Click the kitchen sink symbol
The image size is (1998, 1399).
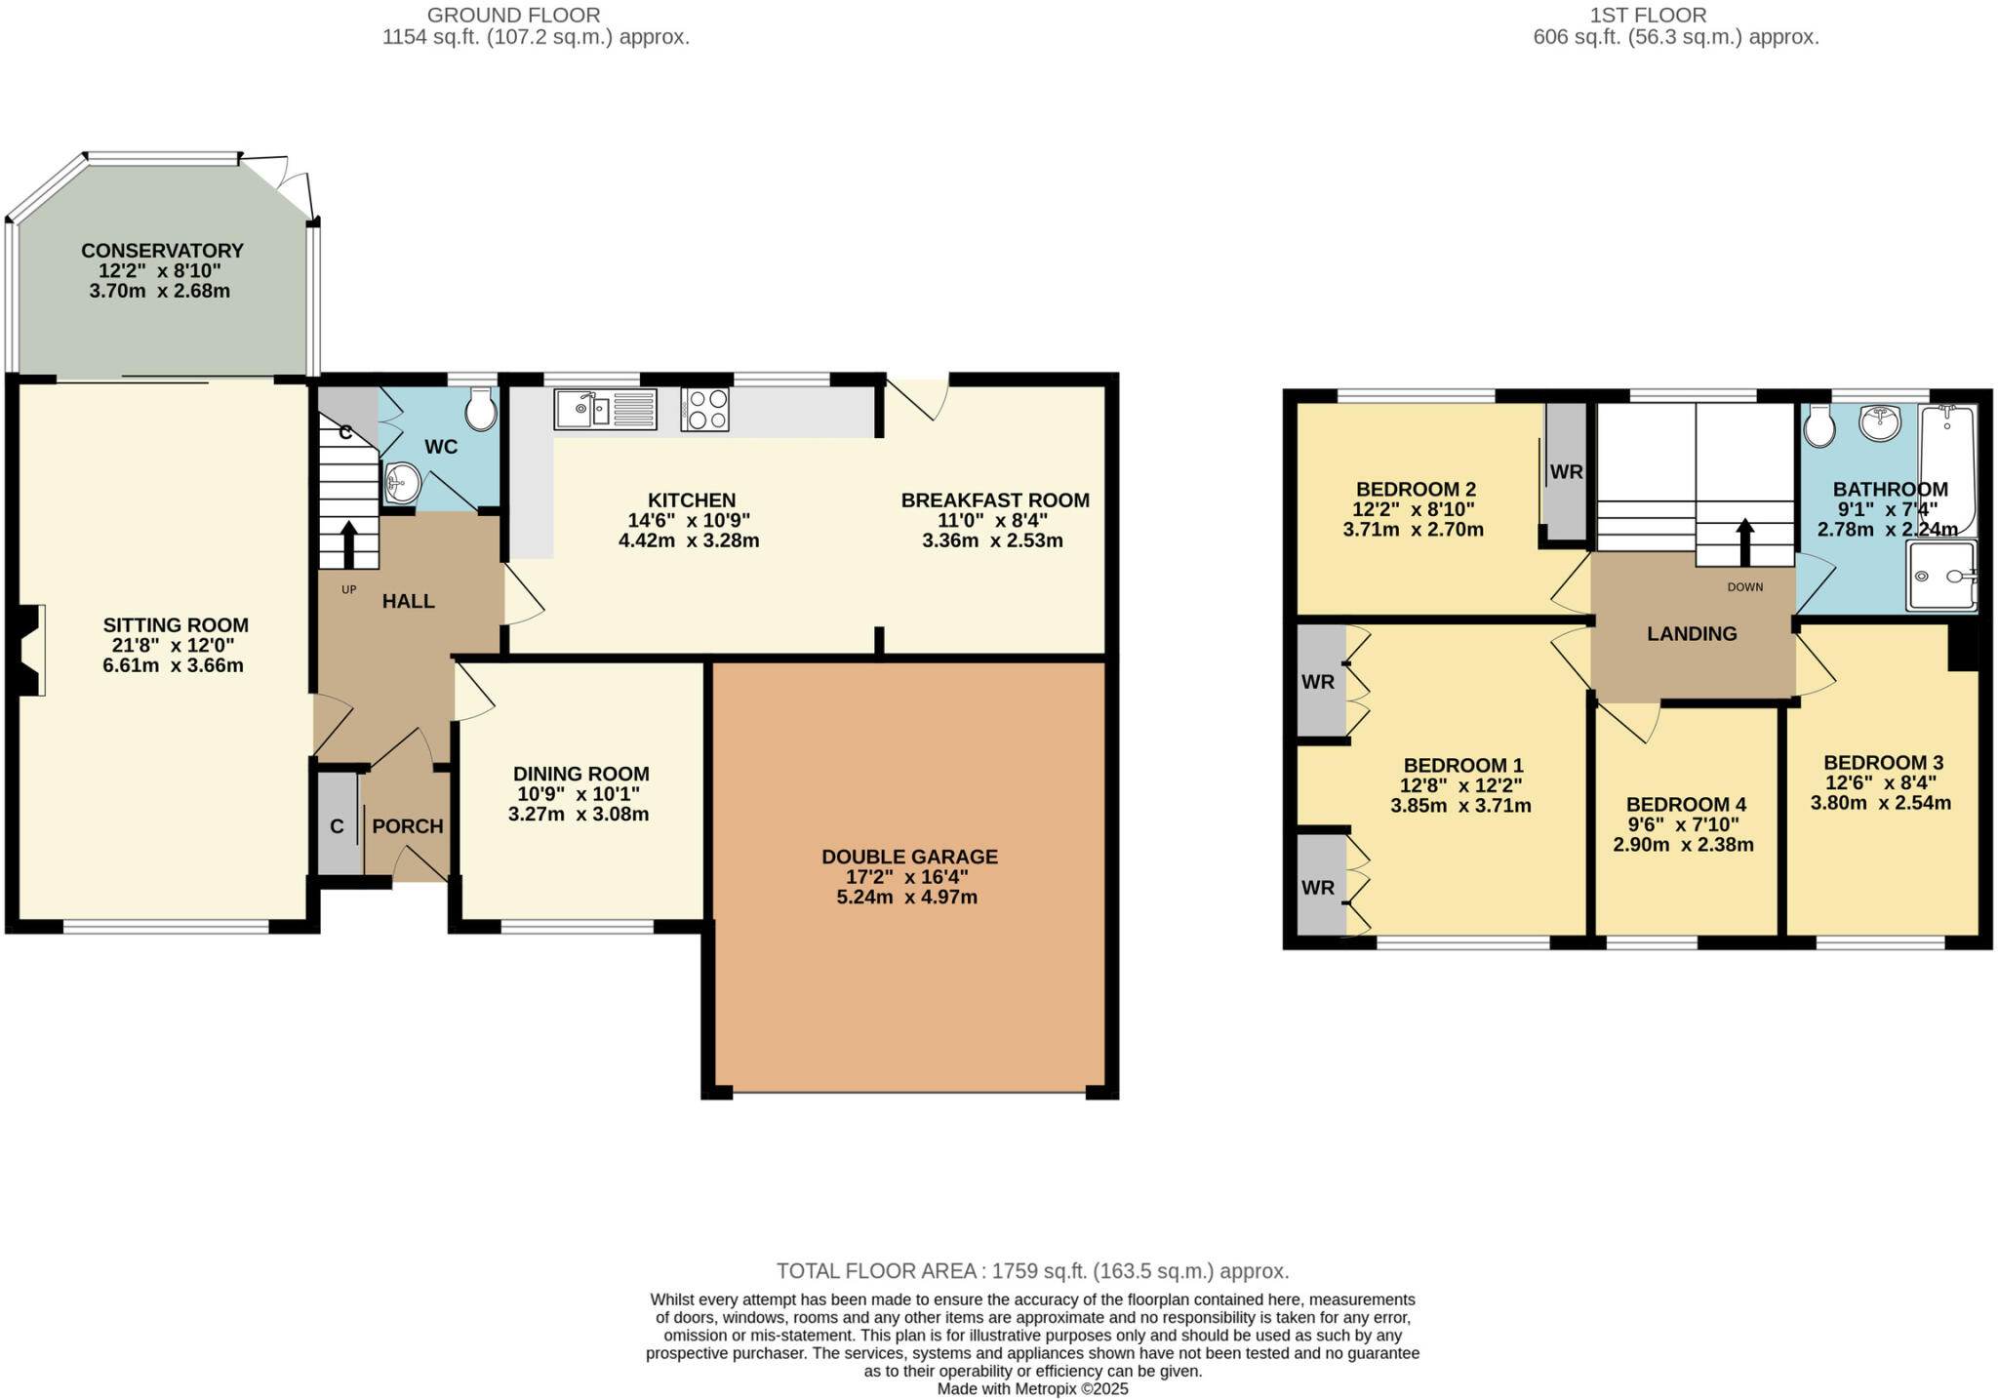[x=605, y=409]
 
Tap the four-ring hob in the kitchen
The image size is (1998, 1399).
[x=704, y=409]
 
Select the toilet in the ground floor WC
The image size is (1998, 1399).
[x=480, y=410]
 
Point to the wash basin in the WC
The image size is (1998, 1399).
[x=402, y=482]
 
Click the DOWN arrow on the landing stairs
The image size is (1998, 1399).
[x=1744, y=541]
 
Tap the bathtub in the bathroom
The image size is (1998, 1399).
[x=1947, y=468]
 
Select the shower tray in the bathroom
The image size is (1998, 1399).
[x=1941, y=576]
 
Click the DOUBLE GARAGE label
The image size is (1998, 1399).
[x=909, y=857]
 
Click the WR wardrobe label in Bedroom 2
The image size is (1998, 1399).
[x=1566, y=472]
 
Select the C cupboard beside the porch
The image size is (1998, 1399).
[x=338, y=826]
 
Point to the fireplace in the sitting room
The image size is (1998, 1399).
[x=32, y=650]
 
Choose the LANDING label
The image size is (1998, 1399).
[x=1692, y=634]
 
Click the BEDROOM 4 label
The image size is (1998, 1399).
[x=1686, y=805]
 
